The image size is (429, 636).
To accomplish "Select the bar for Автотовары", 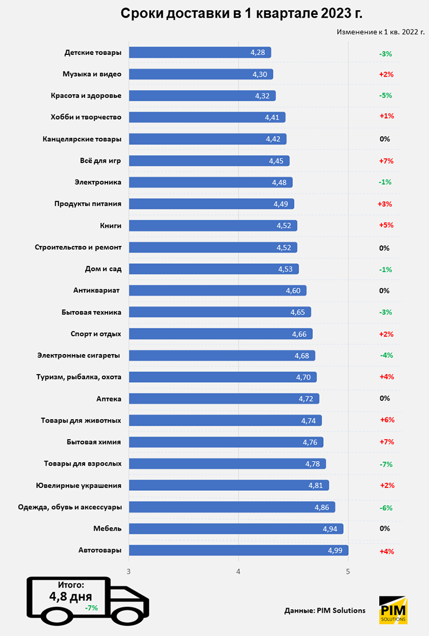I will tap(239, 550).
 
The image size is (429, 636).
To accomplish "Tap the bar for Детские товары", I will tap(200, 53).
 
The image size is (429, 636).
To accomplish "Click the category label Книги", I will tap(110, 225).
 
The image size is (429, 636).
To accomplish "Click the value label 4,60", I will tap(293, 291).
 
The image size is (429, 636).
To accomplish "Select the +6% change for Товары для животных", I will tap(387, 420).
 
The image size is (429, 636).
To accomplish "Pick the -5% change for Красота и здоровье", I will tap(386, 96).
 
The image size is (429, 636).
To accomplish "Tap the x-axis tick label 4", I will tap(239, 571).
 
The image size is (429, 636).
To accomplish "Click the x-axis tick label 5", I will tap(348, 571).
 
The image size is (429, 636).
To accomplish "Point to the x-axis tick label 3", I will tap(129, 571).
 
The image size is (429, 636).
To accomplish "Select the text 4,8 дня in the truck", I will tap(71, 597).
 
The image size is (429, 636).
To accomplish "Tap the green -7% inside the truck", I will tap(90, 608).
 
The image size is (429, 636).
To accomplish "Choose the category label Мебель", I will tap(107, 528).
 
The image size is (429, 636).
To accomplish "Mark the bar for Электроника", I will tap(210, 182).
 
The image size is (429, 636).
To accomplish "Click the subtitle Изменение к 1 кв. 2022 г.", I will tap(380, 32).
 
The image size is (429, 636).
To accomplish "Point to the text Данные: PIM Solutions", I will tap(324, 610).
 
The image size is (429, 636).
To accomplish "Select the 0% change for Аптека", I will tap(384, 398).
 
